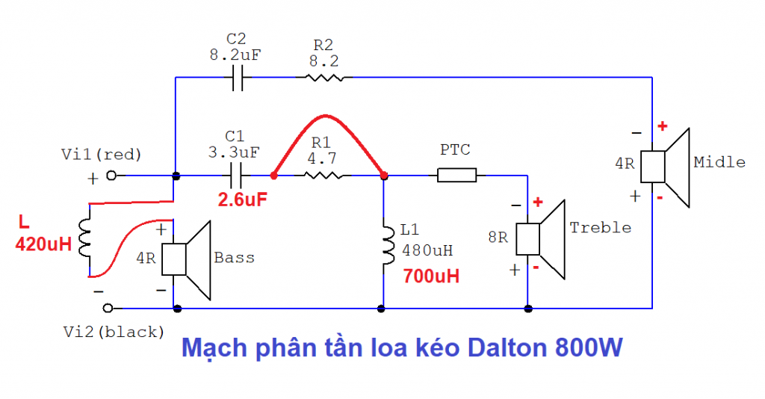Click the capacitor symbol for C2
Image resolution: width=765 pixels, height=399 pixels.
(x=238, y=77)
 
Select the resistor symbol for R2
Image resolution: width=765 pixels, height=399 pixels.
(x=324, y=77)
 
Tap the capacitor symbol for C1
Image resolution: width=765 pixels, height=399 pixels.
(x=238, y=176)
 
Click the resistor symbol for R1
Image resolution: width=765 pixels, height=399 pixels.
(x=324, y=176)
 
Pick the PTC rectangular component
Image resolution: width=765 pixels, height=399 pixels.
(x=456, y=176)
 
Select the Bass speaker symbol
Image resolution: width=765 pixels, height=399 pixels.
(x=187, y=259)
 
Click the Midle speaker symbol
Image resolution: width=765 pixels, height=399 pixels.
(x=668, y=167)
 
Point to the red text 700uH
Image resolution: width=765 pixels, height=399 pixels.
(x=431, y=276)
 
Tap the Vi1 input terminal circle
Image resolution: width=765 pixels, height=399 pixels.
(x=111, y=176)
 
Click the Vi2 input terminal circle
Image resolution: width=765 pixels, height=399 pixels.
(x=109, y=308)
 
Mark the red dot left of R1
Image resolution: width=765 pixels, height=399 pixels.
(x=274, y=176)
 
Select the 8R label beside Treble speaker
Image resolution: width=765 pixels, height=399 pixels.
(x=498, y=238)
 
